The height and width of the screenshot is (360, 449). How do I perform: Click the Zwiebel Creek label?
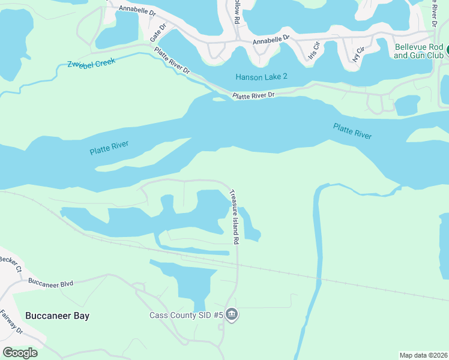[x=91, y=62]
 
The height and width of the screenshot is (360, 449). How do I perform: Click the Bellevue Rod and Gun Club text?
[x=418, y=51]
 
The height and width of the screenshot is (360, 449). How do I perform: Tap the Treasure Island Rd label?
[x=235, y=217]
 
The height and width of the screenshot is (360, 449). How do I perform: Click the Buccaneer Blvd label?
[x=50, y=284]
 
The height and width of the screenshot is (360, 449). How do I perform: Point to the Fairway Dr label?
[x=11, y=322]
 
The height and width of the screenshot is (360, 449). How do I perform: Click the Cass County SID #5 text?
[x=186, y=315]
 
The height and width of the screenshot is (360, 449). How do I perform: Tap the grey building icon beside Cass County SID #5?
[x=232, y=315]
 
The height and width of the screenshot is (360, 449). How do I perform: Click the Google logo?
[x=20, y=352]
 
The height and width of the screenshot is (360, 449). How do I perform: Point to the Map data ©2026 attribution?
[x=423, y=355]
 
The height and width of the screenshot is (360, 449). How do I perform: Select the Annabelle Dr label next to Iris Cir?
[x=271, y=41]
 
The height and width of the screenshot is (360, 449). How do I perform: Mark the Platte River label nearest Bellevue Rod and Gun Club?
[x=352, y=131]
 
